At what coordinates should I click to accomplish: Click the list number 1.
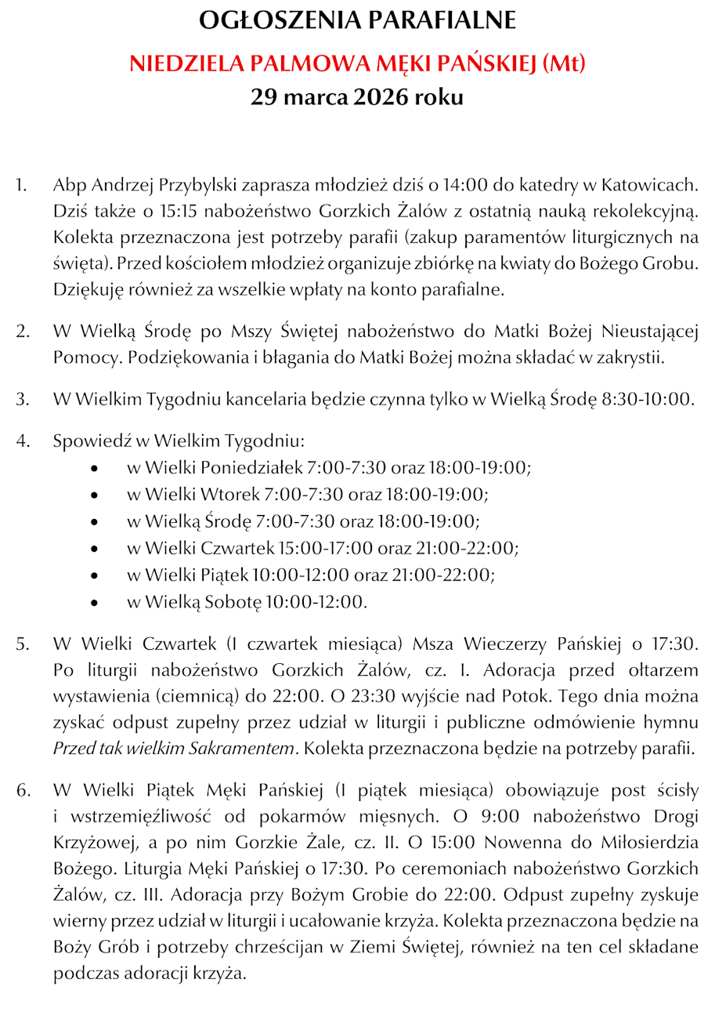click(21, 186)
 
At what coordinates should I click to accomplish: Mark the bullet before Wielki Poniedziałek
click(95, 469)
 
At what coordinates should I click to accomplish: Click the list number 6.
click(22, 789)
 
